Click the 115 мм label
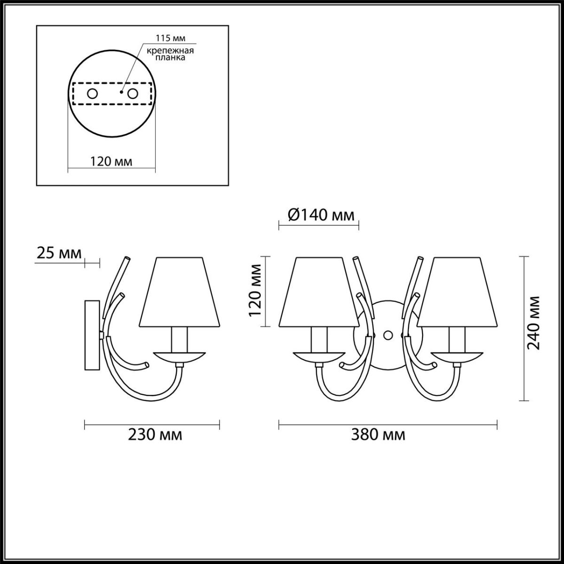[170, 38]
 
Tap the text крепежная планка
[170, 54]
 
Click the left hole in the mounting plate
[93, 94]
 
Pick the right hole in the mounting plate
[133, 94]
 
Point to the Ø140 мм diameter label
[321, 216]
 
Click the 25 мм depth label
[59, 253]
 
